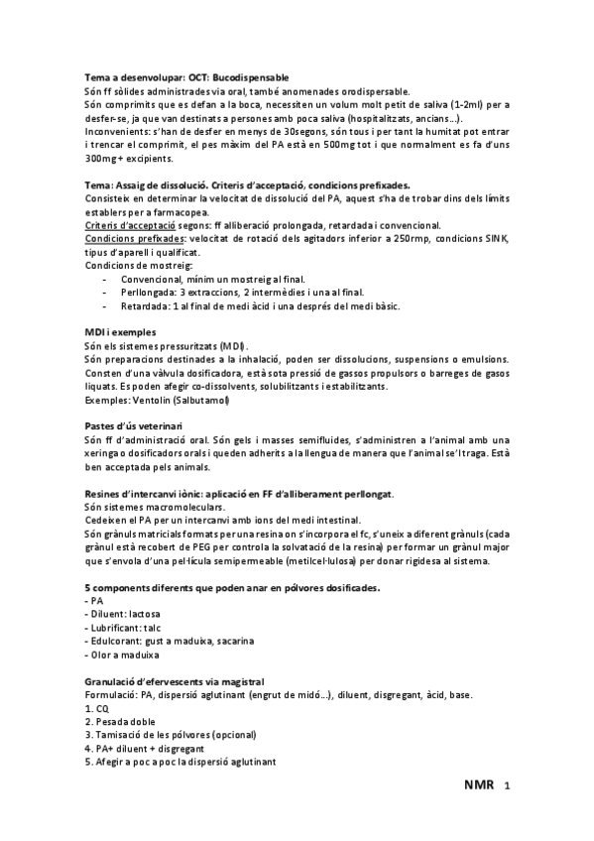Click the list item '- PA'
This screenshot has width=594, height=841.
click(94, 601)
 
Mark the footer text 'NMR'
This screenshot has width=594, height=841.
click(479, 785)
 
